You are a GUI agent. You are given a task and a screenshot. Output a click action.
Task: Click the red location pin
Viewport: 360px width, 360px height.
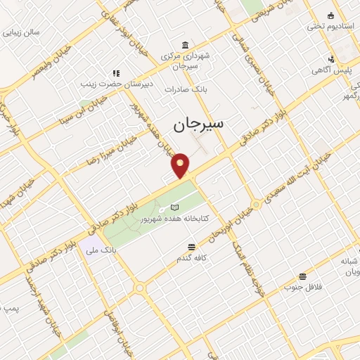click(x=181, y=165)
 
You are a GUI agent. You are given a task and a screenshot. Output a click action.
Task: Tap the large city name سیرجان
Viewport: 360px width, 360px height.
click(x=198, y=125)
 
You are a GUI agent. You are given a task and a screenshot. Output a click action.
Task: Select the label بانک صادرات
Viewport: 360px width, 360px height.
click(x=184, y=89)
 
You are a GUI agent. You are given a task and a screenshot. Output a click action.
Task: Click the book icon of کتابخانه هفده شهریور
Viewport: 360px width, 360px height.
click(x=174, y=208)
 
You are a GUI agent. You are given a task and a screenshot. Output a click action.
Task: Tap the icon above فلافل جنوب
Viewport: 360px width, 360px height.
click(x=302, y=276)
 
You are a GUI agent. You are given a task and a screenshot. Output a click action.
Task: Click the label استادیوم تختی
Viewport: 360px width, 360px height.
click(x=325, y=27)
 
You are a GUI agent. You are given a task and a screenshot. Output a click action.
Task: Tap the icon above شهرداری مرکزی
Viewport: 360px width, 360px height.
click(x=184, y=44)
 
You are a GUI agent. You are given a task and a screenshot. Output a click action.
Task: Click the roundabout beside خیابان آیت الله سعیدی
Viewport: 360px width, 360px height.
click(x=257, y=205)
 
